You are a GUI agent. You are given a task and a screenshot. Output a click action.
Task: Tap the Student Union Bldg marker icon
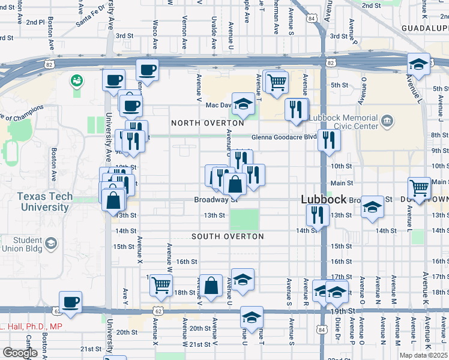pos(52,243)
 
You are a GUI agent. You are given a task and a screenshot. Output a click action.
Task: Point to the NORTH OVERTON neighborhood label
pos(207,123)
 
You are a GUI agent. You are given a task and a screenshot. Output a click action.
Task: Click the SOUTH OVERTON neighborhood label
pos(228,236)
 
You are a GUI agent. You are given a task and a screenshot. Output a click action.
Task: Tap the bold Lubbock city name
pos(324,200)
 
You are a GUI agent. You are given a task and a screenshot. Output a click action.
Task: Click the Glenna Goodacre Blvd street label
pos(284,137)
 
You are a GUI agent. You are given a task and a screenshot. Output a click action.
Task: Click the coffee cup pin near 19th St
pos(71,302)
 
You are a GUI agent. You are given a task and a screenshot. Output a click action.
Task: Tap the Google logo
pos(20,352)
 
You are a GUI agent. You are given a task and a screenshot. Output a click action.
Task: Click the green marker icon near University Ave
pos(76,80)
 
